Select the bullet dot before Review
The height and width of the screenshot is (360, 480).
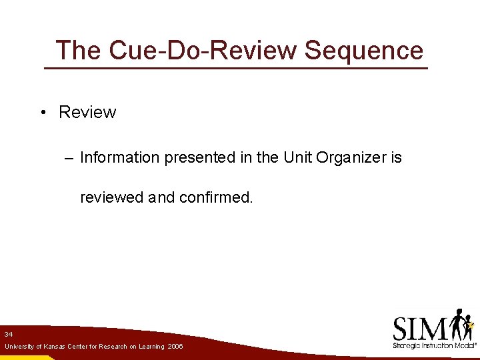[42, 113]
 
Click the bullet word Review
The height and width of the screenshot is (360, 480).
[87, 113]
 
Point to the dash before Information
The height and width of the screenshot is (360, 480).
[69, 158]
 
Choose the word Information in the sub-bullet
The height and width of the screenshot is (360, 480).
[120, 158]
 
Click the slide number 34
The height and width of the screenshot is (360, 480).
[8, 333]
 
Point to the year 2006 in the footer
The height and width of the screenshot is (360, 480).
[175, 347]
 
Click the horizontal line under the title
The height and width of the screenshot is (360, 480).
[235, 68]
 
